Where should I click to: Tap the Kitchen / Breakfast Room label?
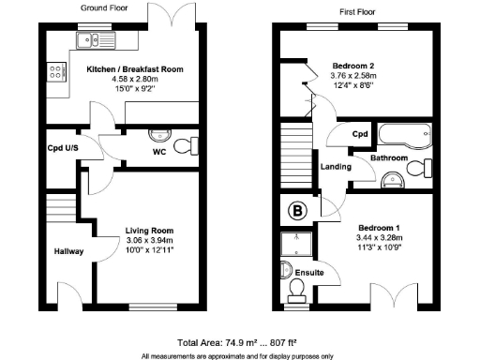coord(135,69)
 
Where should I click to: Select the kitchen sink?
coord(94,39)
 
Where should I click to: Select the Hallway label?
coord(69,251)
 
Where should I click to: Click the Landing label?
coord(336,168)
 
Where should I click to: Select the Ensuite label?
coord(308,272)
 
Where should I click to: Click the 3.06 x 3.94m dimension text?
coord(150,240)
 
